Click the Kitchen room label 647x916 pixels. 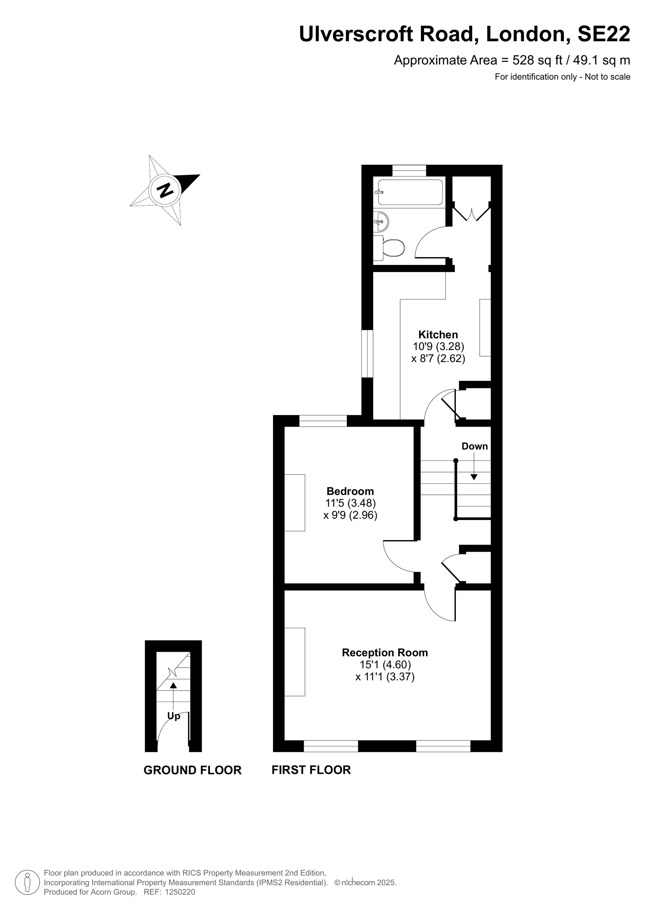click(x=438, y=334)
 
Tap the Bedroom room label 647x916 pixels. click(x=350, y=491)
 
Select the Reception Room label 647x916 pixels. click(x=385, y=653)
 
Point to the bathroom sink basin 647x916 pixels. click(x=381, y=221)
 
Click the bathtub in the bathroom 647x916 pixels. click(x=410, y=193)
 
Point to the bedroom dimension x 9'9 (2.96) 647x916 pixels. click(x=350, y=515)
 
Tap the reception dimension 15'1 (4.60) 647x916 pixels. click(x=385, y=665)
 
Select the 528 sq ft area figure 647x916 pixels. click(x=537, y=60)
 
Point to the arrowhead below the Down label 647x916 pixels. click(x=474, y=477)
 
